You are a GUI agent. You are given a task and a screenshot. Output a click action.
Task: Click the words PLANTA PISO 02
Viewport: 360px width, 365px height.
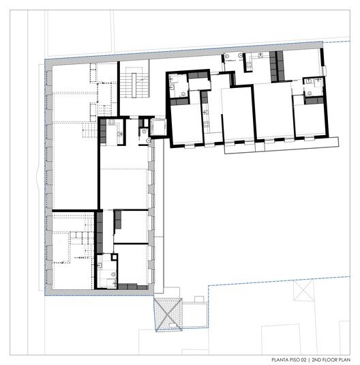point(289,360)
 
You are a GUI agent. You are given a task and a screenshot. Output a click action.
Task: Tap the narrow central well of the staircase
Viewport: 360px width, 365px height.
point(134,85)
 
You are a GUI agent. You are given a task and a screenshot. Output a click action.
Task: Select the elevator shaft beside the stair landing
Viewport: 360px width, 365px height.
point(158,127)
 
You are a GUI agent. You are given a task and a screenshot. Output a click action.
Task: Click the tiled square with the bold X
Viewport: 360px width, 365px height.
point(168,315)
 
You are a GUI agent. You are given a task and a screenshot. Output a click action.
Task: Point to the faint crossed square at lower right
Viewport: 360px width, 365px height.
point(303,291)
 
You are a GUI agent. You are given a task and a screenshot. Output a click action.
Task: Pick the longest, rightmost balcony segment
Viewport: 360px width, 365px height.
point(301,144)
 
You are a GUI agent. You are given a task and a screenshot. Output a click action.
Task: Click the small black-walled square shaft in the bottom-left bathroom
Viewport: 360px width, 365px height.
point(114,257)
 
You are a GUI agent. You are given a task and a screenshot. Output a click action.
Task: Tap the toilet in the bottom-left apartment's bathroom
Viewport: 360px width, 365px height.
point(114,275)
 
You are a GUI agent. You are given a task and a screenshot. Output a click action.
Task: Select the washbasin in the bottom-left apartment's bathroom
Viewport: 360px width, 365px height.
point(100,265)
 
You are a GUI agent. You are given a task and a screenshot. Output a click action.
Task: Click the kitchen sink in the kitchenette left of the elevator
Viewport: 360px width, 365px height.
point(120,134)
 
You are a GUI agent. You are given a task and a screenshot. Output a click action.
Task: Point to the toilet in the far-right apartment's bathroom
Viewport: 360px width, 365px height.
point(310,93)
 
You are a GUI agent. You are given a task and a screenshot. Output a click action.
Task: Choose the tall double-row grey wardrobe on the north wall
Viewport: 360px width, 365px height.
point(277,66)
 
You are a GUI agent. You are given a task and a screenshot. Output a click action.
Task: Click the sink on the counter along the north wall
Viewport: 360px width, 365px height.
point(261,55)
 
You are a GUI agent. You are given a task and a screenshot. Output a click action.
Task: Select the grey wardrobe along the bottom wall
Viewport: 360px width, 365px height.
point(132,287)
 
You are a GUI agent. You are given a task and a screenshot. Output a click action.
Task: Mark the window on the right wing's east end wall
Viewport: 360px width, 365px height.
point(324,71)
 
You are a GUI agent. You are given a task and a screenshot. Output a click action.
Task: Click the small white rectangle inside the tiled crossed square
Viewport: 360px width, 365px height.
point(172,325)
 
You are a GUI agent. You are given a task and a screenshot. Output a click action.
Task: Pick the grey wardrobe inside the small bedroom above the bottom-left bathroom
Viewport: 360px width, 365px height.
point(118,220)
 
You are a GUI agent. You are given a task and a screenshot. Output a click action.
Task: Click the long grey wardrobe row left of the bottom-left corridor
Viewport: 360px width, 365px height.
point(100,233)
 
